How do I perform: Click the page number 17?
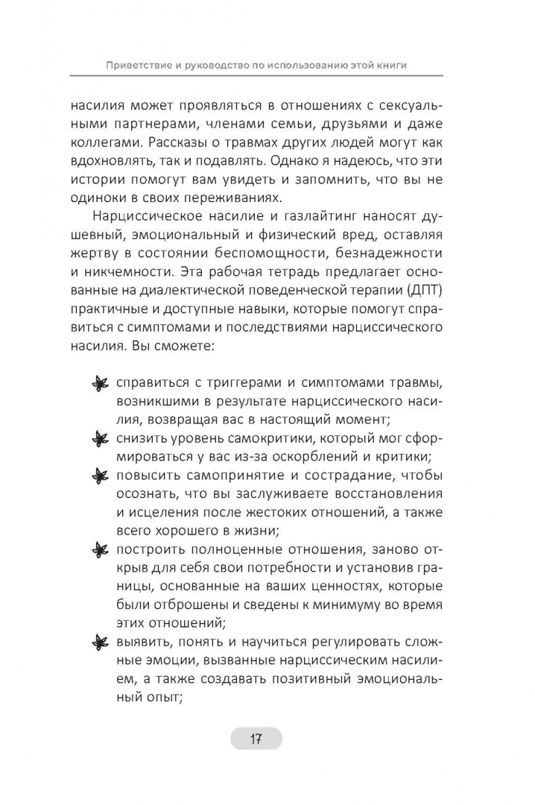(256, 739)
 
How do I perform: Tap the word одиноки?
(121, 198)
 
